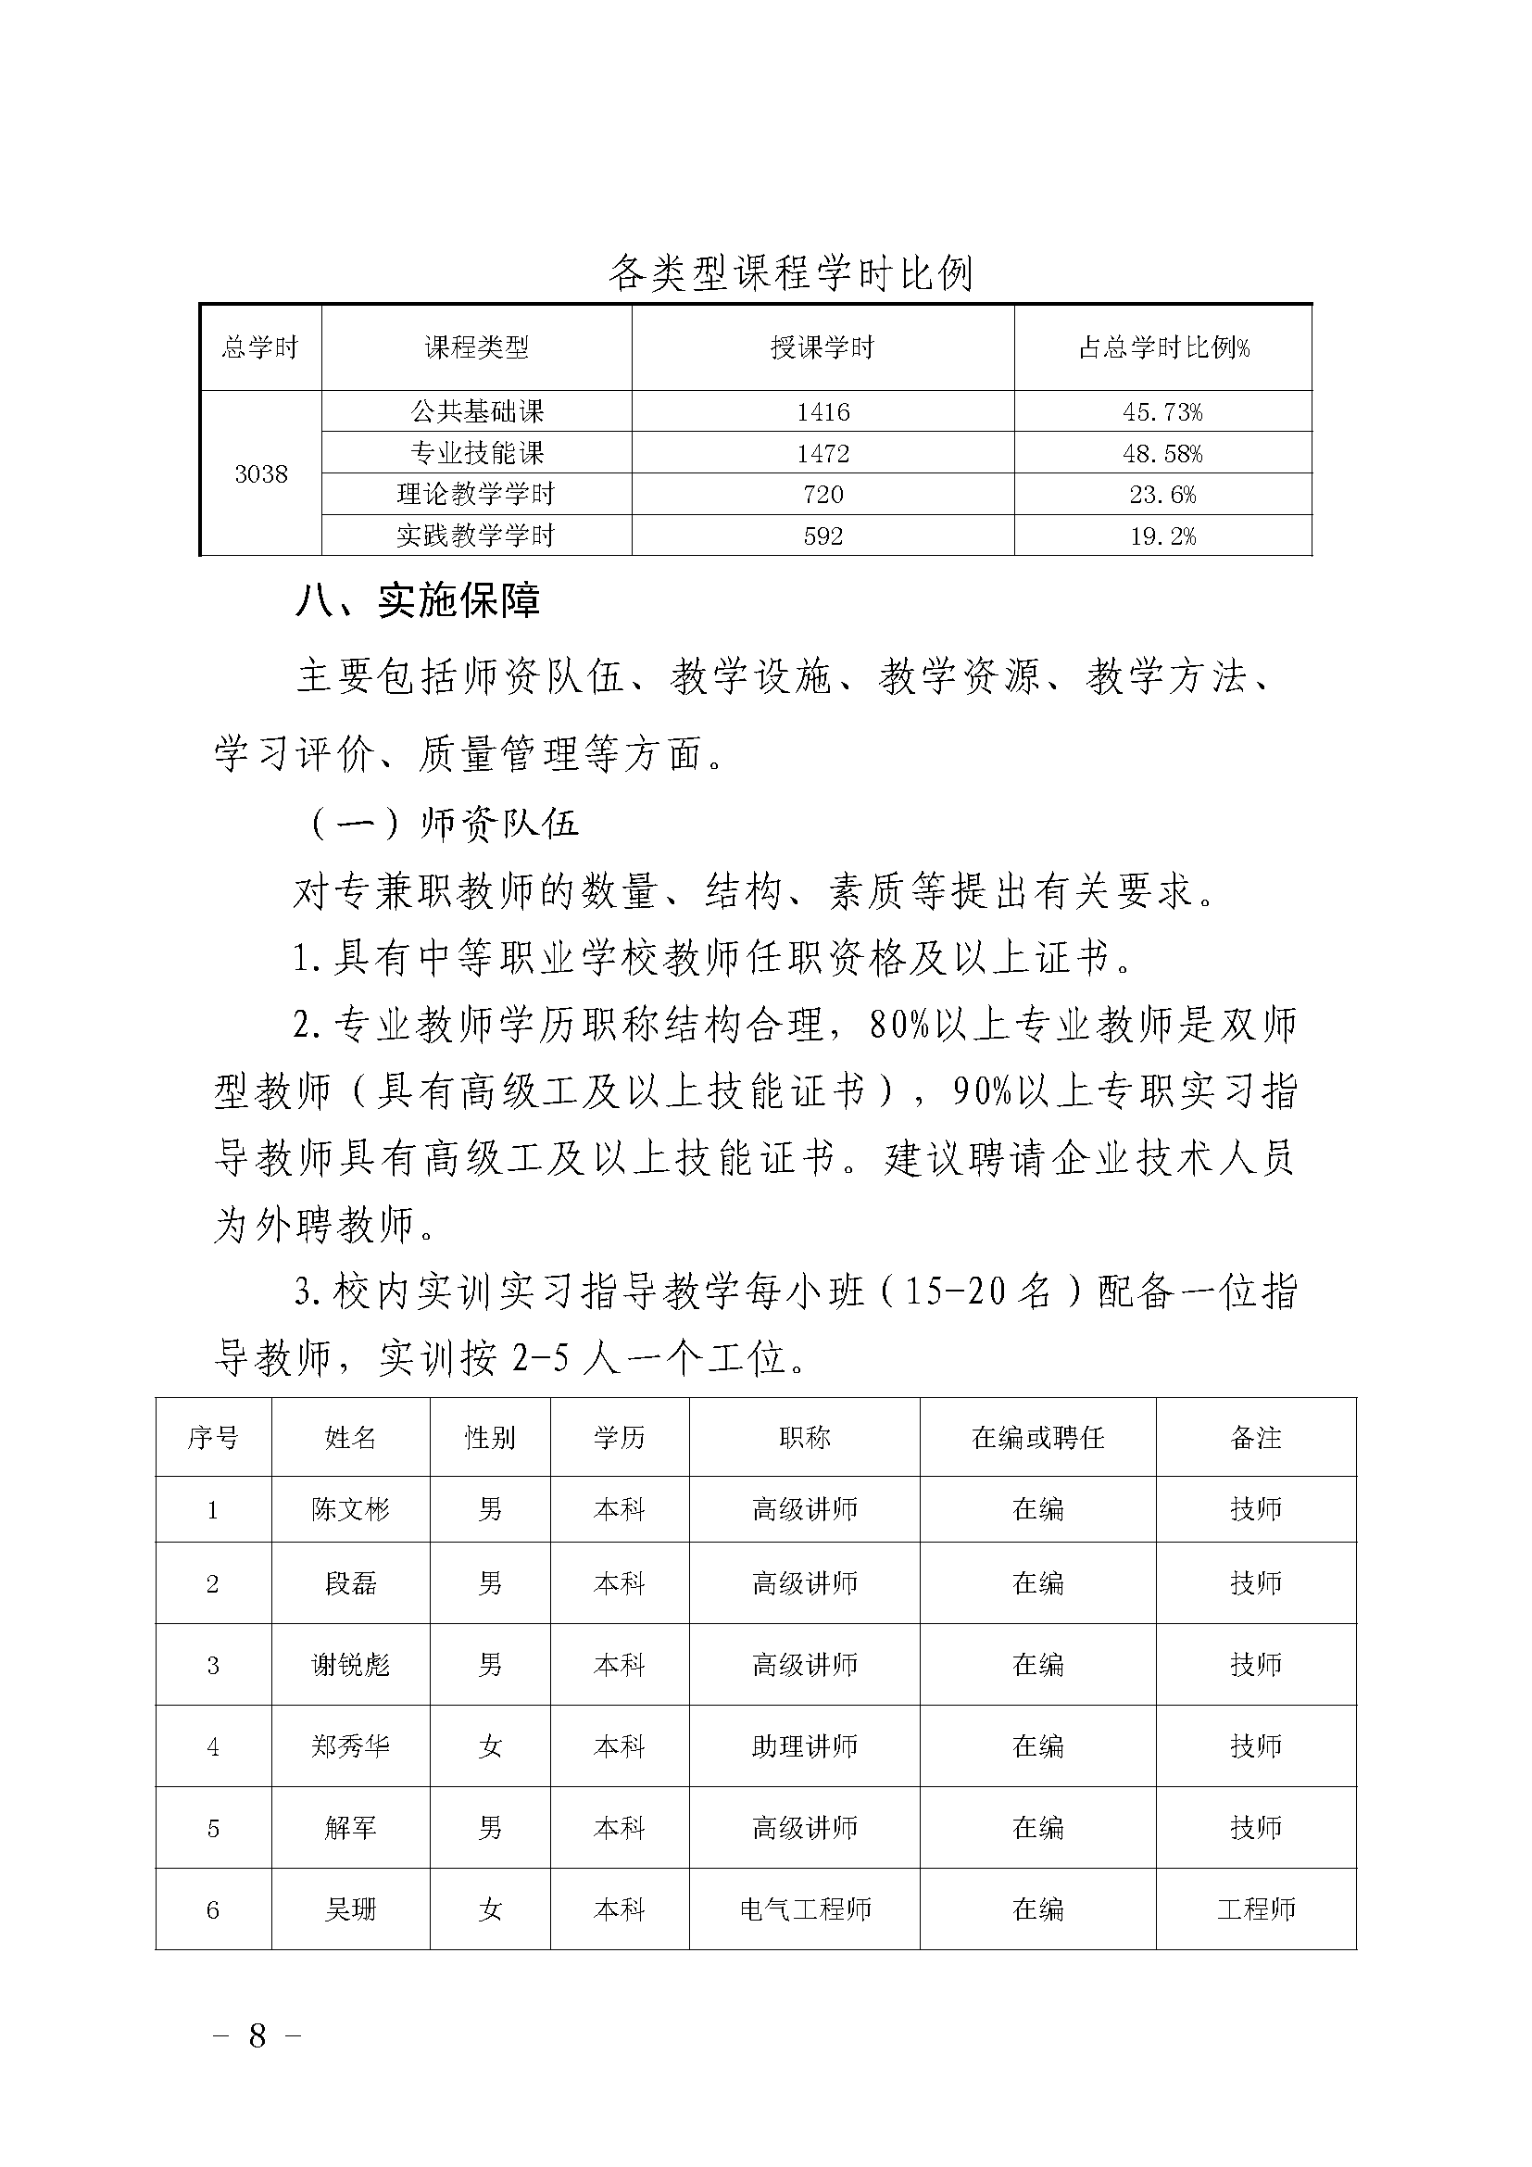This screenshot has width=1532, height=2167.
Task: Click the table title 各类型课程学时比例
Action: [789, 273]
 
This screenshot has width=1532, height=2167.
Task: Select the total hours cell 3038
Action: [260, 473]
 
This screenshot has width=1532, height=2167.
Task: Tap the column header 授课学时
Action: [823, 348]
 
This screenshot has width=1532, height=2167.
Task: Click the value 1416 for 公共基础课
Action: [823, 412]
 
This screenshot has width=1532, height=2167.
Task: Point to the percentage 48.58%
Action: [1162, 454]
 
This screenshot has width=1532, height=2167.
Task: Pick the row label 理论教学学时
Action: [475, 495]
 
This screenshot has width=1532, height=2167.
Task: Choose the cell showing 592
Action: [823, 536]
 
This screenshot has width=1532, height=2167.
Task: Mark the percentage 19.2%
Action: [1162, 536]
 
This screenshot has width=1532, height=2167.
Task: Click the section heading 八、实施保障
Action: [418, 601]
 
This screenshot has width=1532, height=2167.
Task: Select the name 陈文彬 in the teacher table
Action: [350, 1510]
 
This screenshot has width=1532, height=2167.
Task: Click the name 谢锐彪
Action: [350, 1665]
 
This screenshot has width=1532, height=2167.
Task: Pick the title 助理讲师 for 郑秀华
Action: [804, 1747]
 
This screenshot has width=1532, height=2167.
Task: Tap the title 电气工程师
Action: [804, 1910]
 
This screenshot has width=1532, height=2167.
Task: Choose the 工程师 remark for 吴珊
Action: [1256, 1910]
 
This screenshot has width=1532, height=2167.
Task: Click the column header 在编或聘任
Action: [1037, 1439]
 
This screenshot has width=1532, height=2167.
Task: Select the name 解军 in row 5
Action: [350, 1828]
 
